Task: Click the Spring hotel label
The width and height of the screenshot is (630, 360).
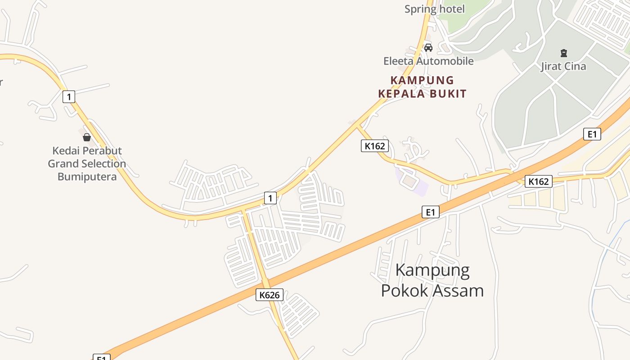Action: pos(434,9)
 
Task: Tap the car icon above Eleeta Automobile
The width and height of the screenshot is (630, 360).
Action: pos(428,47)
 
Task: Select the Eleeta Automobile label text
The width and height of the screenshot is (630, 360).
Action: pos(428,61)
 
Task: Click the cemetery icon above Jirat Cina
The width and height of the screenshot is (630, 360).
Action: pos(564,53)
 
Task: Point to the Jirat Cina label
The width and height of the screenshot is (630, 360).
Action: pos(563,67)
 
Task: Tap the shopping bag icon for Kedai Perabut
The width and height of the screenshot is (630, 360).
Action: pos(87,137)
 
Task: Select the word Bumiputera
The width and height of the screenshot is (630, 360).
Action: pos(87,176)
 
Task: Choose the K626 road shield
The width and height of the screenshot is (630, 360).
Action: pos(270,295)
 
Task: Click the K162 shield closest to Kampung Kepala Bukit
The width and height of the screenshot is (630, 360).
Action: pos(374,146)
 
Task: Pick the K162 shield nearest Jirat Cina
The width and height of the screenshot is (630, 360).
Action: pos(538,181)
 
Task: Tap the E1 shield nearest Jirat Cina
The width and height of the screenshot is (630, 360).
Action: pos(592,134)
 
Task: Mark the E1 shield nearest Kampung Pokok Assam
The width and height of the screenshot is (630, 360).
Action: pos(430,212)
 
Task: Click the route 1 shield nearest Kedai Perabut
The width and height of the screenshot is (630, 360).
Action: pos(69,96)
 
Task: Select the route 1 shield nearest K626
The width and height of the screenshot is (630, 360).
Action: pos(270,198)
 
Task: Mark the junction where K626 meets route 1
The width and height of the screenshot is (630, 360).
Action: pos(243,211)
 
